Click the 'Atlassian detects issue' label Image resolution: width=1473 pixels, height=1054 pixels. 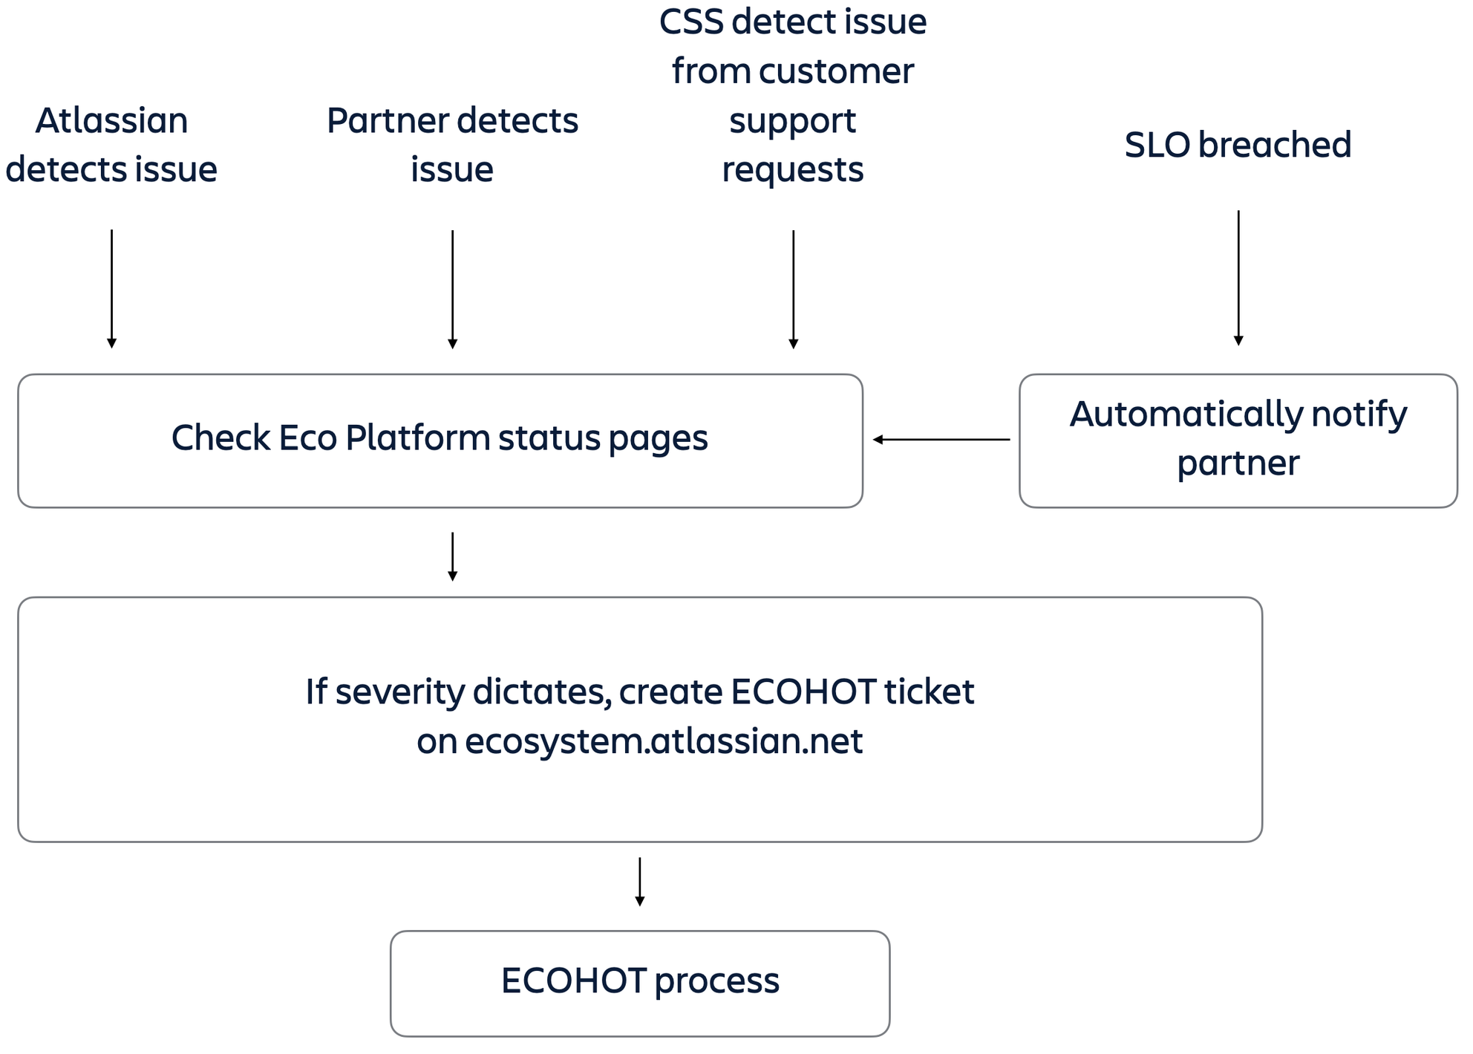111,145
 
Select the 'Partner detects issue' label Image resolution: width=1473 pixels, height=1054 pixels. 452,145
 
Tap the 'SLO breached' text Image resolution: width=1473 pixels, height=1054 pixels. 1238,145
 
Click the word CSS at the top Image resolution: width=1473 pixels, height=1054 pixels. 690,22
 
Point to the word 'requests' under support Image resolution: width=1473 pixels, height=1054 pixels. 793,170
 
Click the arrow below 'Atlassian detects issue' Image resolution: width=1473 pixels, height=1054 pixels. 111,289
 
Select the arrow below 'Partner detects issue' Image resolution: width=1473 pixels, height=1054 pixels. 452,289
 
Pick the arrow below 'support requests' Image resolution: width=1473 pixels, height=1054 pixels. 793,289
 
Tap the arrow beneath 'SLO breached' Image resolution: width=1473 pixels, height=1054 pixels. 1238,279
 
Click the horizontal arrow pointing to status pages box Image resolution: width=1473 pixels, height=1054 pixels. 941,440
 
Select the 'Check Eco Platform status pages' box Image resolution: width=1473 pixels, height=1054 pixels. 440,440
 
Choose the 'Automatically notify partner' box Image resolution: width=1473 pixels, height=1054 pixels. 1238,440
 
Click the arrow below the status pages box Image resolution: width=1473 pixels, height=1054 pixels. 452,556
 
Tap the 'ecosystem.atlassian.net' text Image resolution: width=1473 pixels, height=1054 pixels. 663,741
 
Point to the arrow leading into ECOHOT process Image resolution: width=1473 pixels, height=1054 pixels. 639,882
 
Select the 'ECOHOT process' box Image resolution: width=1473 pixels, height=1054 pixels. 639,982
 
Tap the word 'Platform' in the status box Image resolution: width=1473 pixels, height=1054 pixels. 419,438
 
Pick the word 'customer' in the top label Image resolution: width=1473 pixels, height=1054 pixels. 836,72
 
